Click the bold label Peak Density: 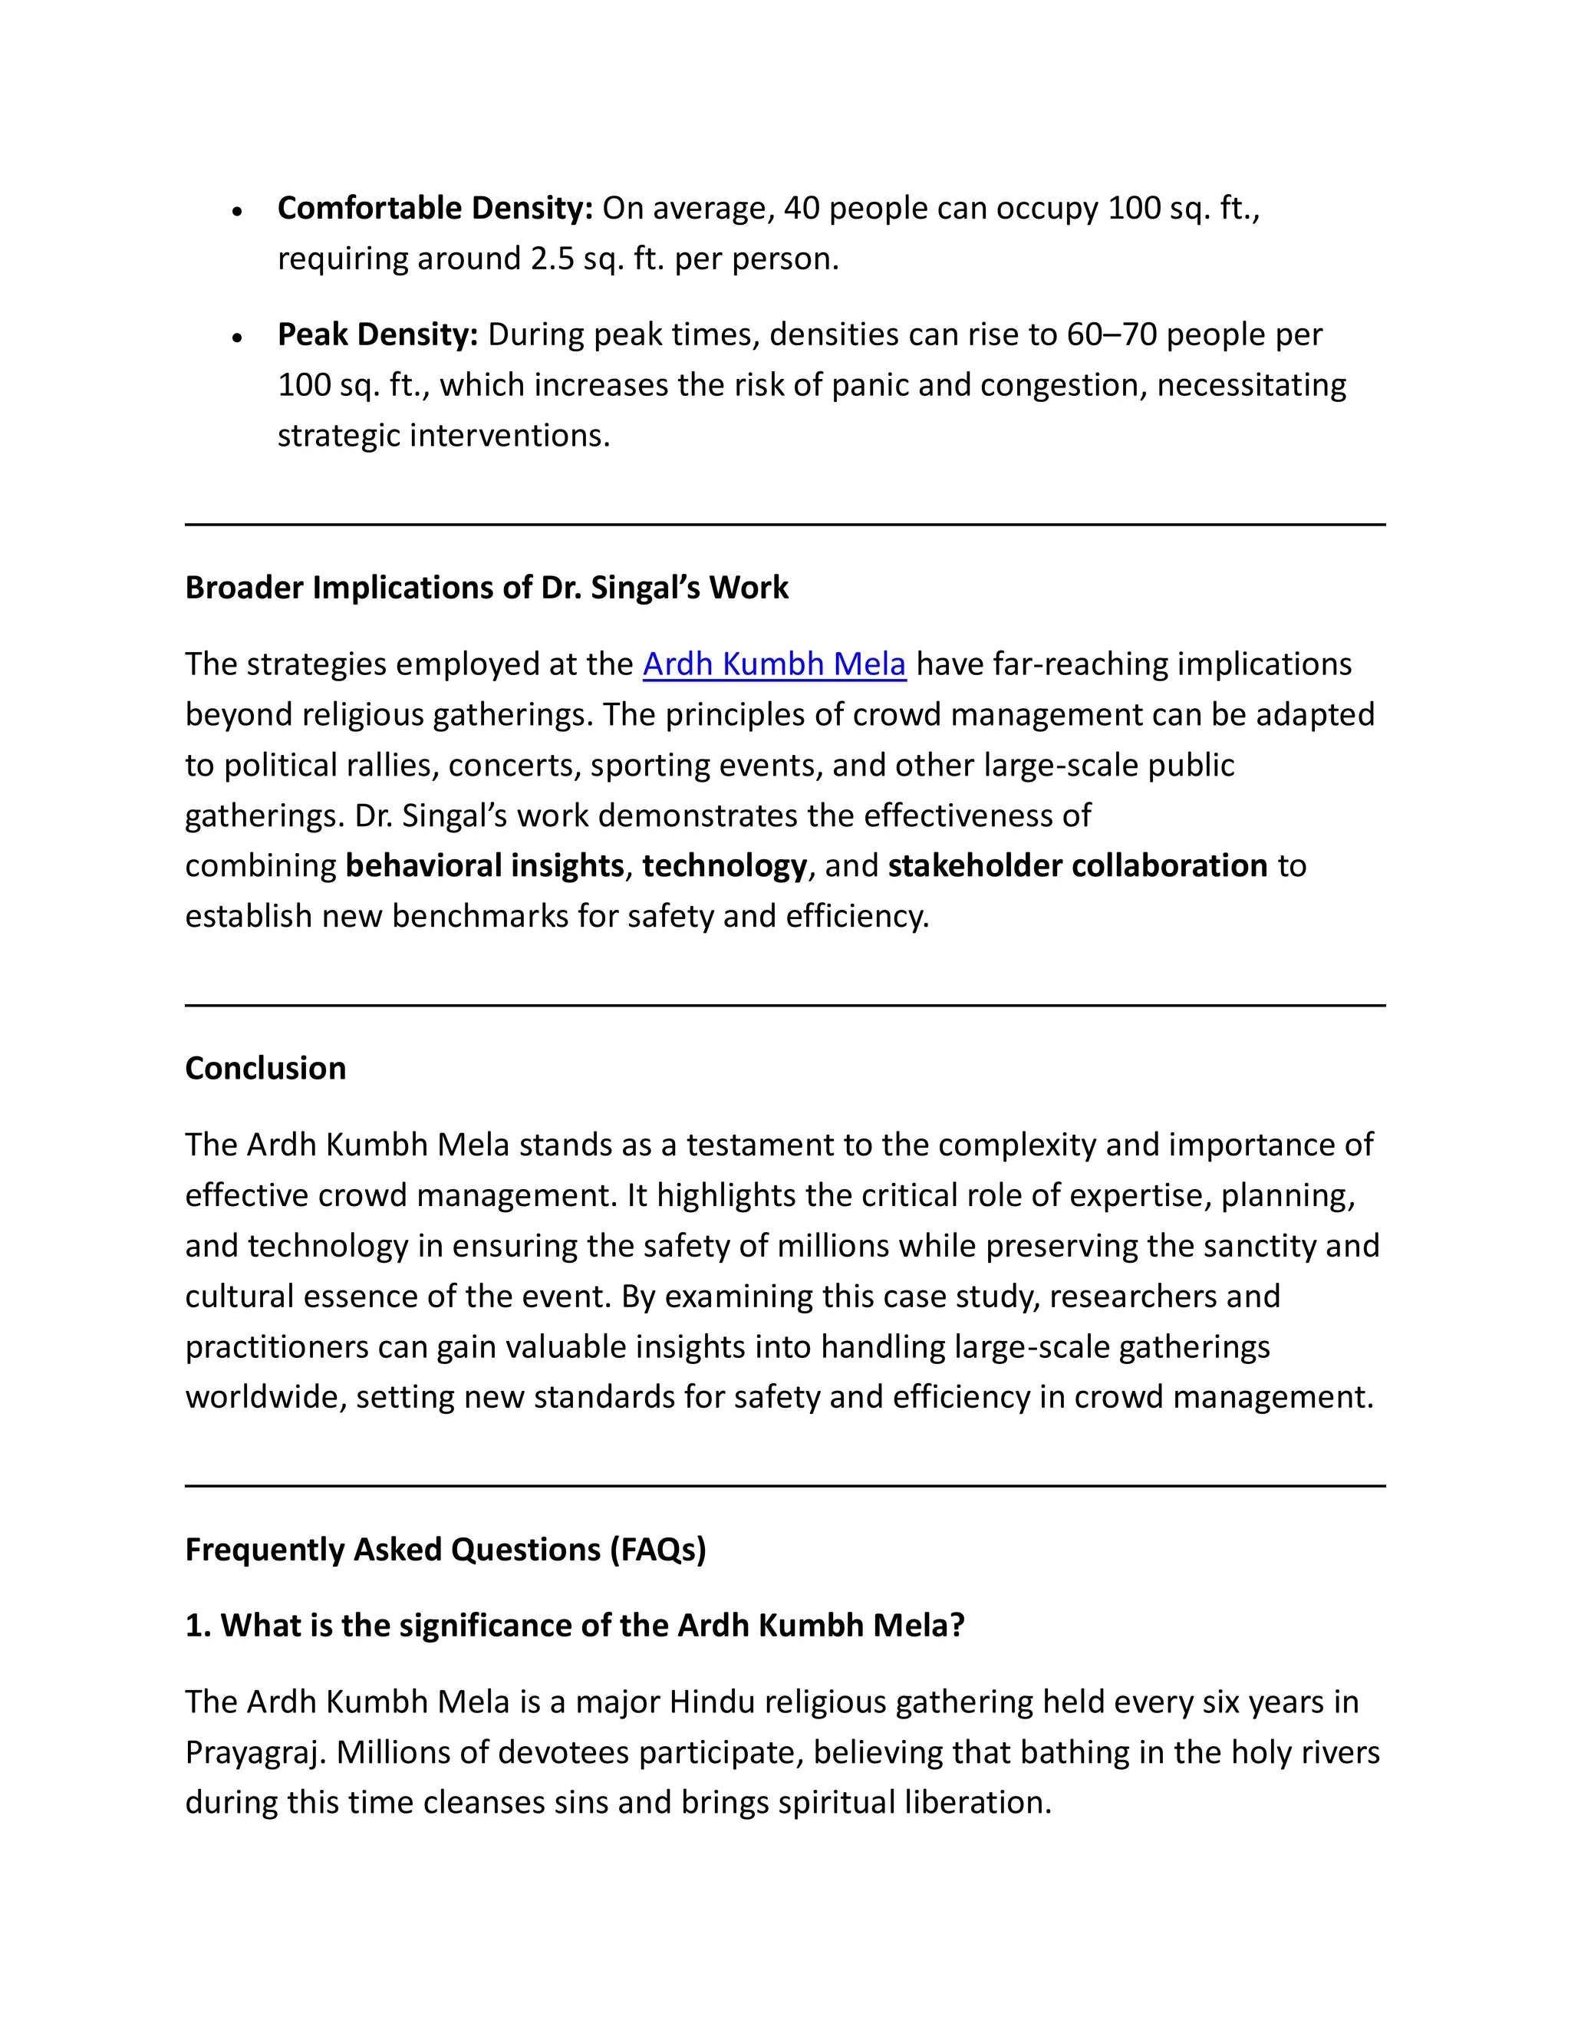[x=377, y=335]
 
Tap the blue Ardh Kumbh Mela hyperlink [x=773, y=664]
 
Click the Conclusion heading [x=265, y=1069]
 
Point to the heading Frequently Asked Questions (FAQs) [x=445, y=1550]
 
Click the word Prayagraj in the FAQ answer [x=255, y=1754]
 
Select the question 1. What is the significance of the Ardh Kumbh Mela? [x=575, y=1626]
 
